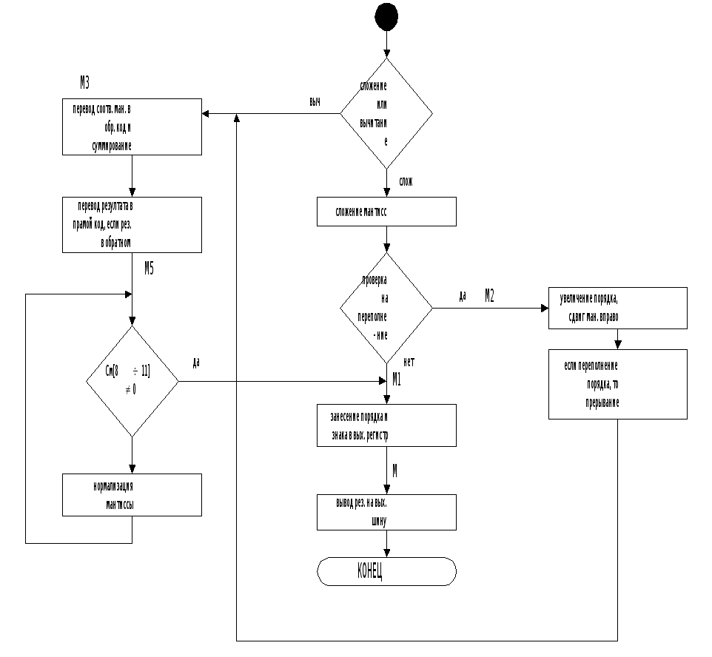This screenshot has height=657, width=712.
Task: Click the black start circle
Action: [386, 16]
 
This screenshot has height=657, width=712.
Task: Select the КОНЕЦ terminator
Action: [386, 571]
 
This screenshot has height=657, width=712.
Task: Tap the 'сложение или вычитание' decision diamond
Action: [386, 113]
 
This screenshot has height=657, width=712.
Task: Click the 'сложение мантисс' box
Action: [386, 212]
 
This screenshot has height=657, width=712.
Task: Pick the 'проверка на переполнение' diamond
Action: [386, 308]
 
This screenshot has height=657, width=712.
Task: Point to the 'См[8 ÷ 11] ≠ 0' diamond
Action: [132, 382]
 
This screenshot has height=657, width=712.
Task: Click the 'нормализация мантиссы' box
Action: [132, 494]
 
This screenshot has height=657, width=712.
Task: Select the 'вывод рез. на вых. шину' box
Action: [386, 512]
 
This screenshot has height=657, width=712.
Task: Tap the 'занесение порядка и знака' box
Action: [386, 425]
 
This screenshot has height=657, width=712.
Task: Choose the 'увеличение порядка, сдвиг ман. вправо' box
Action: [617, 308]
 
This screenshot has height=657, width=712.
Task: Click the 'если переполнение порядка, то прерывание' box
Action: [617, 384]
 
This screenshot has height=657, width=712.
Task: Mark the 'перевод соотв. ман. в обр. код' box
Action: [132, 127]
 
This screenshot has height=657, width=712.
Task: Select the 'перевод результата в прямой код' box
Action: [132, 224]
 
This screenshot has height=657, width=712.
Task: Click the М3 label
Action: [85, 81]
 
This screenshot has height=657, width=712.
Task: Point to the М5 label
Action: [149, 269]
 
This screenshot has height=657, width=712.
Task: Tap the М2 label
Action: [489, 296]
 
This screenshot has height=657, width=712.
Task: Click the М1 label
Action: [397, 380]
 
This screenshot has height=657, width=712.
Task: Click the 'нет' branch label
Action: [408, 363]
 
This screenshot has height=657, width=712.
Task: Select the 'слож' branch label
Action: [406, 182]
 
